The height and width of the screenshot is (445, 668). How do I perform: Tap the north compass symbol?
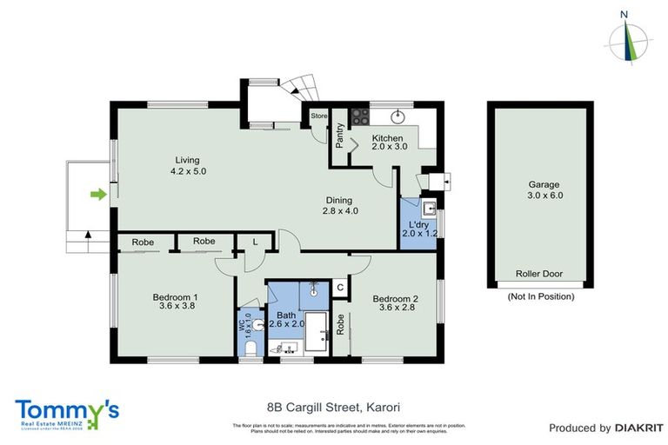[x=625, y=38]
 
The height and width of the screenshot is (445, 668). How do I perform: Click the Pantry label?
[x=340, y=136]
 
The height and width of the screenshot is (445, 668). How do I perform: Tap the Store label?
[x=319, y=115]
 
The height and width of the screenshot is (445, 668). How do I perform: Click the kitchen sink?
[x=400, y=116]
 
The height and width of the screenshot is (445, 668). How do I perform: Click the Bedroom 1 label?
[x=178, y=301]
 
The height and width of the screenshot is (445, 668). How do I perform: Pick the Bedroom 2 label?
[x=396, y=304]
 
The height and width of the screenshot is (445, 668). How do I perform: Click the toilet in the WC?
[x=250, y=348]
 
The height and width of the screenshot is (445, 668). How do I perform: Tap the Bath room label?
[x=286, y=320]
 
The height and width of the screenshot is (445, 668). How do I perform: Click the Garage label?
[x=544, y=189]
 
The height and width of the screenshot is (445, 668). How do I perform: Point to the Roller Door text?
[x=538, y=274]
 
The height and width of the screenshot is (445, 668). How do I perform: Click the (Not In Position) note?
[x=540, y=296]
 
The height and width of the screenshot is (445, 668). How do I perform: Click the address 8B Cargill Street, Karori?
[x=333, y=406]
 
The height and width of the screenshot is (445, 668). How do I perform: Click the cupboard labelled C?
[x=340, y=287]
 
